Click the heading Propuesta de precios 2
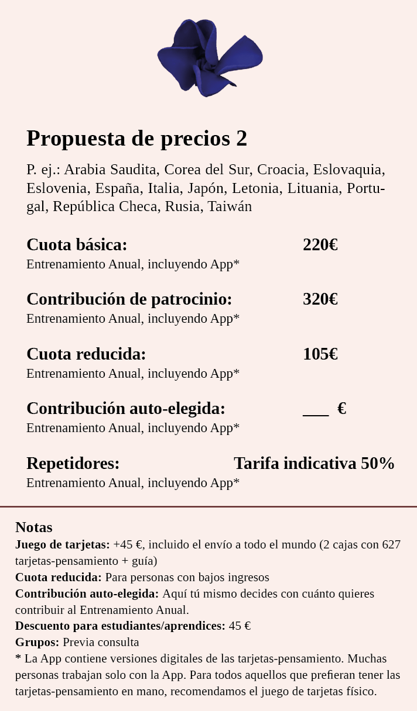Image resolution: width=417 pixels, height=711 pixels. tap(137, 139)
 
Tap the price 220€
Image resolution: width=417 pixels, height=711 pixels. tap(320, 245)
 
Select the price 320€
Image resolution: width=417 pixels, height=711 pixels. tap(320, 299)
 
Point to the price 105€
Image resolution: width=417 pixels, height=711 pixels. tap(320, 354)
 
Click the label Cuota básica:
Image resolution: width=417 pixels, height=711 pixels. tap(77, 245)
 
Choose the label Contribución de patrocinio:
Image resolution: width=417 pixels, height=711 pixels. tap(129, 299)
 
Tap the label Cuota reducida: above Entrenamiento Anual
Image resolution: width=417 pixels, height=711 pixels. tap(86, 354)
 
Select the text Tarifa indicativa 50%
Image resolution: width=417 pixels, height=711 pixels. tap(314, 464)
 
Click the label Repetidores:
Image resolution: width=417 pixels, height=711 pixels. tap(73, 464)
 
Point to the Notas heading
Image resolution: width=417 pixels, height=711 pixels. tap(34, 527)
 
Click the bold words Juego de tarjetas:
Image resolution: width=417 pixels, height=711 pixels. tap(63, 545)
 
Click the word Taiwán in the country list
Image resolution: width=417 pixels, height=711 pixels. tap(230, 206)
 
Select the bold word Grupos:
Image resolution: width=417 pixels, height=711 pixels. tap(37, 642)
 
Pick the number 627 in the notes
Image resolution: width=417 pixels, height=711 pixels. tap(391, 545)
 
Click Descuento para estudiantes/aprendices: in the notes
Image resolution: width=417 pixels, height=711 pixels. tap(120, 626)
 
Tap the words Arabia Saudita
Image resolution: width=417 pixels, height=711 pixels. tap(111, 170)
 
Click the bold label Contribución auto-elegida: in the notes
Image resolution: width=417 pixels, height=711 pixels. tap(87, 593)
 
